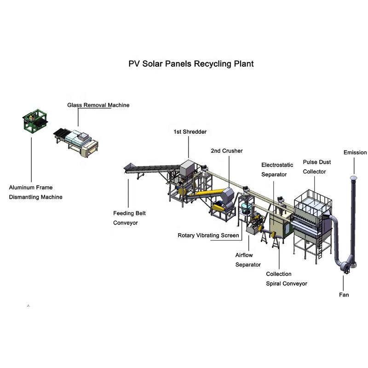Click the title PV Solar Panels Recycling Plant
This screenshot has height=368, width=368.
191,64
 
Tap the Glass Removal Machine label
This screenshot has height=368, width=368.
98,105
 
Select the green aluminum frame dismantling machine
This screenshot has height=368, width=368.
35,121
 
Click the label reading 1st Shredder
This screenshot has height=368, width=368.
190,132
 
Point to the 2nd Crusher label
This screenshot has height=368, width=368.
227,151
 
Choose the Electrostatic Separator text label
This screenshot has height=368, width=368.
277,170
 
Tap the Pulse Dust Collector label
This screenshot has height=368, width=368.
317,167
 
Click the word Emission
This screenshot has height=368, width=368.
355,153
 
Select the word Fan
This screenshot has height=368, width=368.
344,295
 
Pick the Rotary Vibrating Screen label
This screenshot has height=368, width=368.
208,236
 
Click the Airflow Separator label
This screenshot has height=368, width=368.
248,260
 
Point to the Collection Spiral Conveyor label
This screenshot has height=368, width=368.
287,279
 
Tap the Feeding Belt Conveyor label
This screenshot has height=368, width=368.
129,218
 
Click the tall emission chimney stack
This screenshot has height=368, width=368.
353,221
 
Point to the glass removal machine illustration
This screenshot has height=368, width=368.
76,142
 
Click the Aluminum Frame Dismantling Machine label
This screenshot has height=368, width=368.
36,192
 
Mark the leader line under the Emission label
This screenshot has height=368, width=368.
354,166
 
